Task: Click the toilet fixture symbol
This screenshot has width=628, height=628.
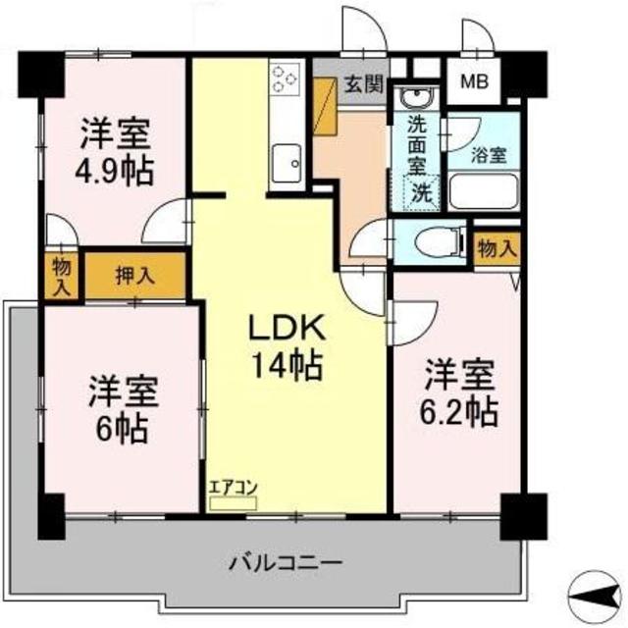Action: [439, 239]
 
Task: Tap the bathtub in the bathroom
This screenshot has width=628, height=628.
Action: [483, 190]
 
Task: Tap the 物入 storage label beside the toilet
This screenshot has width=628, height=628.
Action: [496, 249]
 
